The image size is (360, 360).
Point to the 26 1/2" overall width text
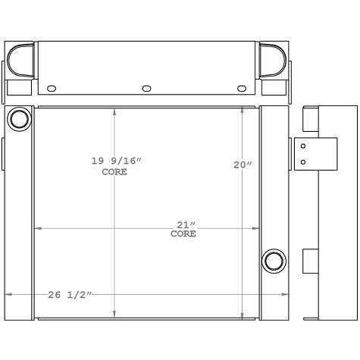pyautogui.click(x=69, y=294)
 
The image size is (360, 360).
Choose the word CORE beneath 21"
pyautogui.click(x=183, y=234)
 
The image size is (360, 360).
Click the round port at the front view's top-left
pyautogui.click(x=20, y=119)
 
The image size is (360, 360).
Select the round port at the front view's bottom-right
pyautogui.click(x=273, y=261)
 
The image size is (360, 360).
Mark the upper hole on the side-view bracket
pyautogui.click(x=303, y=146)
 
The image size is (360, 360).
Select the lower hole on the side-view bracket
pyautogui.click(x=303, y=161)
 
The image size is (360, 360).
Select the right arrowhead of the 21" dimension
pyautogui.click(x=257, y=228)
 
